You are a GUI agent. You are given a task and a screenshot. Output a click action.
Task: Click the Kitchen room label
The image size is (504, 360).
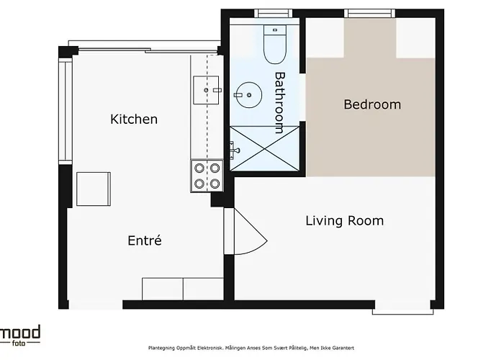tap(133, 119)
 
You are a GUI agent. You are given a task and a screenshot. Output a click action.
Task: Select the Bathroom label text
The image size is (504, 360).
tap(280, 102)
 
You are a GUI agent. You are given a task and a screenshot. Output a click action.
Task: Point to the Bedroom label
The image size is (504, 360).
tap(372, 104)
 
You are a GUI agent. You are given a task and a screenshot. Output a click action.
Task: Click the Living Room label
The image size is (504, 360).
tap(344, 220)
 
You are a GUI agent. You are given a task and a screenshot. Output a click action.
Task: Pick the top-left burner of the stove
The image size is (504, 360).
tap(199, 169)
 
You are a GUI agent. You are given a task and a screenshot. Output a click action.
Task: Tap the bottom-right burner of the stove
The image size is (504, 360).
tap(214, 184)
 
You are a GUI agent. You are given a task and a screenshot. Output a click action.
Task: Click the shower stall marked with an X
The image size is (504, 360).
tap(264, 150)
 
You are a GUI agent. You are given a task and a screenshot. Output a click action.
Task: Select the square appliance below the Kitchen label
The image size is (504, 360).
tap(94, 189)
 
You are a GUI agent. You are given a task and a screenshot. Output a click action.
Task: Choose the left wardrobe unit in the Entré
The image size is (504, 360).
tap(163, 288)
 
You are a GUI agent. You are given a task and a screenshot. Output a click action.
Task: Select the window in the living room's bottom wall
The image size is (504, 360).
tap(402, 311)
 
